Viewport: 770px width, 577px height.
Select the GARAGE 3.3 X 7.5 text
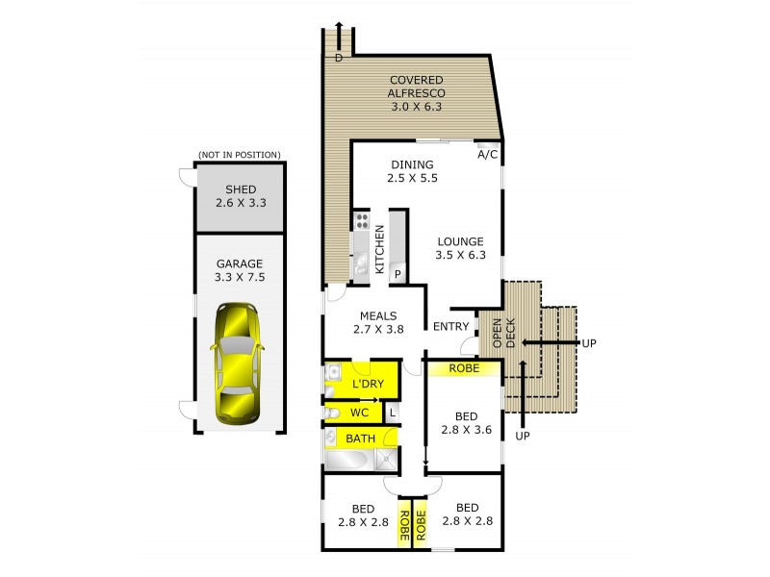click(x=240, y=269)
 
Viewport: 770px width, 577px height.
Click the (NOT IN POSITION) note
click(x=239, y=155)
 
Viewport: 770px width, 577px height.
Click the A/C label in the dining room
click(x=488, y=155)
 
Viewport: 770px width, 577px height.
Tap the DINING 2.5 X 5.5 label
click(x=412, y=171)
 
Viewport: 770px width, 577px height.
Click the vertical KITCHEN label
click(x=380, y=250)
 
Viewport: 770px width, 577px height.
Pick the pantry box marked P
click(x=398, y=274)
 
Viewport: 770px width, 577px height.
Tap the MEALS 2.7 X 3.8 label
click(x=378, y=322)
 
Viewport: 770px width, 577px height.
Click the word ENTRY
click(x=451, y=327)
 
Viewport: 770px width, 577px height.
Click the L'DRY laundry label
click(x=368, y=385)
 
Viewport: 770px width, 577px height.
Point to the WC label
click(x=359, y=413)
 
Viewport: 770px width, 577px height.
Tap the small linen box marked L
click(x=392, y=413)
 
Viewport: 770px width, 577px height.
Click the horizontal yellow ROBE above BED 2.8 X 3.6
click(x=465, y=367)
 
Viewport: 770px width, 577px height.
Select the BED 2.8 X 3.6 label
click(x=467, y=423)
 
